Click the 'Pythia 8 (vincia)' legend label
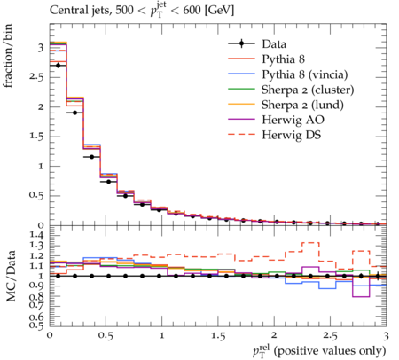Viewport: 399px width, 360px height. point(305,74)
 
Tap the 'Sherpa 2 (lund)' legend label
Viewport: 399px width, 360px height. point(302,105)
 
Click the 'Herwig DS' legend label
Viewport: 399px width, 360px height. point(292,135)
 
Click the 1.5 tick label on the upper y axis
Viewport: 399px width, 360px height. point(36,137)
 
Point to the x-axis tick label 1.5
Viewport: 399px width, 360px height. point(218,336)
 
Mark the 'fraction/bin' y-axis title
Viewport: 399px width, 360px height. point(8,56)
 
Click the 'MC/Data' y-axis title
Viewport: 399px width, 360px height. point(11,276)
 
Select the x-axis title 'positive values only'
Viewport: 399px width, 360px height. point(330,351)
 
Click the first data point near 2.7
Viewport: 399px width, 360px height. point(59,66)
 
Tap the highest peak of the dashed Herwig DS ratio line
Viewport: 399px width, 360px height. point(310,242)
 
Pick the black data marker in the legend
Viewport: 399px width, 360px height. point(242,43)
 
